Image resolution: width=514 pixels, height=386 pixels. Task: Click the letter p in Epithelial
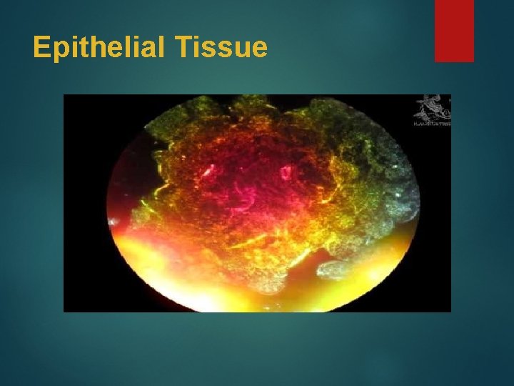[x=60, y=51]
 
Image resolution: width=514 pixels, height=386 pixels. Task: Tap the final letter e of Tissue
[x=260, y=50]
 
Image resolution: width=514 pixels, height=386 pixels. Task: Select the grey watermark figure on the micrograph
[x=430, y=107]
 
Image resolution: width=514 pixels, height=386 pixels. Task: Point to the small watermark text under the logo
[x=432, y=123]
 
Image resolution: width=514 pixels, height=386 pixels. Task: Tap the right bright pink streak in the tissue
[x=286, y=172]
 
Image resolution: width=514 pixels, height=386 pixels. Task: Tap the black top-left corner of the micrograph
[x=79, y=107]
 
